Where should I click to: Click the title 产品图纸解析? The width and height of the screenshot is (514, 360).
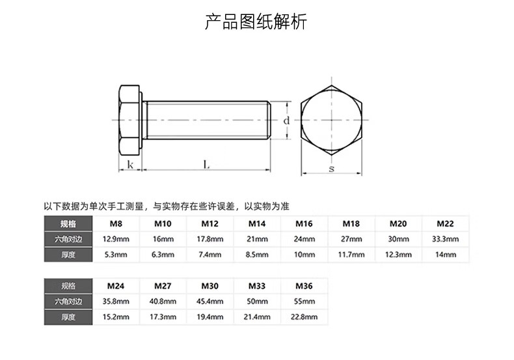click(256, 23)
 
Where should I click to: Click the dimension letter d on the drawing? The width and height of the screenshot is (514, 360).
click(286, 120)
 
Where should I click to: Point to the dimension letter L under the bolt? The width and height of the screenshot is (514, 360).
click(206, 165)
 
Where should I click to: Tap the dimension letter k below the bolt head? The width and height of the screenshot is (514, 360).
click(130, 165)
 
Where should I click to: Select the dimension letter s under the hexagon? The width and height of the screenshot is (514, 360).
click(331, 169)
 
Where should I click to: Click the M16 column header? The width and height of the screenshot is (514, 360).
click(304, 224)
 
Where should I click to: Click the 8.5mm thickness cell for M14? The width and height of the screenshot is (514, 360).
click(257, 255)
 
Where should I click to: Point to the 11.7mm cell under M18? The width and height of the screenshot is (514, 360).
click(351, 255)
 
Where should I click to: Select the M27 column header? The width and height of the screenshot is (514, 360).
click(163, 286)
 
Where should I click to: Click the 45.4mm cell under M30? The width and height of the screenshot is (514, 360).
click(210, 301)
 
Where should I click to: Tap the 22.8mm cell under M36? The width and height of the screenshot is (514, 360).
click(304, 317)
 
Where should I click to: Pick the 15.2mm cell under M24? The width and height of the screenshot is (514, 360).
click(115, 317)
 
